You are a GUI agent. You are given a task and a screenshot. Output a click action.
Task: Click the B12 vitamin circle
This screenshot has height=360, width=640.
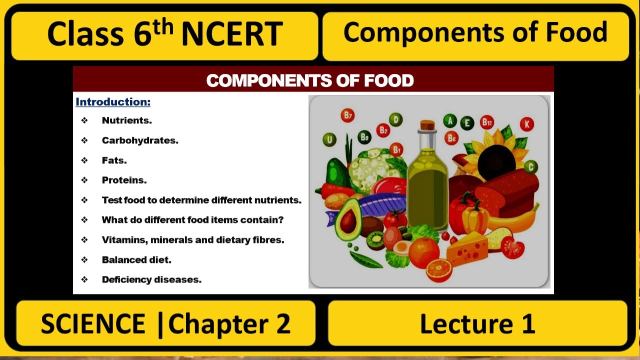tap(486, 122)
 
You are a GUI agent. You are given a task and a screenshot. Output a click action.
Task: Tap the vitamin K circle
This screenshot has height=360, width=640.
tap(526, 123)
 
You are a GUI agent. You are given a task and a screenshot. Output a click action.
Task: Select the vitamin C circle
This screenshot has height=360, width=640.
tap(530, 166)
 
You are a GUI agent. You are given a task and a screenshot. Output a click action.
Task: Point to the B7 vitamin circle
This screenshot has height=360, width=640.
tap(347, 116)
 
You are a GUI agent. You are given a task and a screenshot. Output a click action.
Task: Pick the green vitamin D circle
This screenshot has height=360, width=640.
tap(395, 119)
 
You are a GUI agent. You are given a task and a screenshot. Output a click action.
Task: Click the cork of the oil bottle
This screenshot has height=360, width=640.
tap(427, 125)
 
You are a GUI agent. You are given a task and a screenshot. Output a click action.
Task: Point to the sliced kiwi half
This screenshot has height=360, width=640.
tap(375, 240)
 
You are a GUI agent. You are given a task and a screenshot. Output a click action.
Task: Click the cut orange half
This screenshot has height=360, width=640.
tap(439, 270)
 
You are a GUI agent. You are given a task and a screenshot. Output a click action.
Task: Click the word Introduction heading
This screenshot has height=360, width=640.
tap(113, 102)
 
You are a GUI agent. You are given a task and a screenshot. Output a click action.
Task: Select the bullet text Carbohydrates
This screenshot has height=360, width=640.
tap(140, 140)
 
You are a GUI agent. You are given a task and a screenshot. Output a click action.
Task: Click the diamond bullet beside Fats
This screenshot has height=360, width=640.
tap(84, 160)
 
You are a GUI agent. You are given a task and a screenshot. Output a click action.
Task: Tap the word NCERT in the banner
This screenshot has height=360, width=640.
tap(231, 34)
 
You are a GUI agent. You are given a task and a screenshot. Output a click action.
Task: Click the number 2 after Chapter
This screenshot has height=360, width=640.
tap(282, 324)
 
